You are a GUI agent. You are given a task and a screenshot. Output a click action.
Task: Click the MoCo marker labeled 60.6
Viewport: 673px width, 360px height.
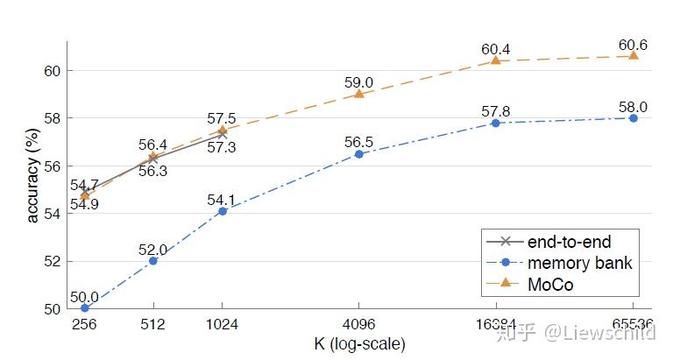[x=633, y=55]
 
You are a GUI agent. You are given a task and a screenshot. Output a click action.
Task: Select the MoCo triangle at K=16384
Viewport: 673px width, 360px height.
[x=496, y=60]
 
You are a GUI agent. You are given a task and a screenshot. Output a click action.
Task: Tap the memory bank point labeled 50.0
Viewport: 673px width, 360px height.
[x=85, y=307]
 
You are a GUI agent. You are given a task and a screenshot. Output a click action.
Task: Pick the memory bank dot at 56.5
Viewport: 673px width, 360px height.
[x=359, y=154]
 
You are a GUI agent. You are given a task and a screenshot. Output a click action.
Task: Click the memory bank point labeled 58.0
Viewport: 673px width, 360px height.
[x=633, y=117]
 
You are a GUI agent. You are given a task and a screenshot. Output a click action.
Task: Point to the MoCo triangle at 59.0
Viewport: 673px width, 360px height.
[x=359, y=93]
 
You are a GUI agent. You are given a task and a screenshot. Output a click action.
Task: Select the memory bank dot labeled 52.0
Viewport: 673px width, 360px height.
[x=153, y=260]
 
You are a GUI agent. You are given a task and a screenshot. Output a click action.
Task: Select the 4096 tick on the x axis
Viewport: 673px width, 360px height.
[x=359, y=324]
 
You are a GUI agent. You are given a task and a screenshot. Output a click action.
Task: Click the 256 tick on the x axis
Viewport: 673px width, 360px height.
[x=85, y=324]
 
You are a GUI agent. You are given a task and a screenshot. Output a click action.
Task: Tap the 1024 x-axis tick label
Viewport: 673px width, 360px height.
[x=222, y=324]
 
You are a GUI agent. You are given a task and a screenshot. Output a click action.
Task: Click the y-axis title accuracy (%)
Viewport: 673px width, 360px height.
[x=32, y=175]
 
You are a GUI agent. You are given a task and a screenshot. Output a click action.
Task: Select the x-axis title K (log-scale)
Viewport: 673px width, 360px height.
[x=358, y=343]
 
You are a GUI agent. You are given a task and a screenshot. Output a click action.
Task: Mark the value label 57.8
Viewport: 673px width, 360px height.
[x=496, y=111]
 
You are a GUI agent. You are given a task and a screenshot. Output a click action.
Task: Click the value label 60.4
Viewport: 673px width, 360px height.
[x=496, y=48]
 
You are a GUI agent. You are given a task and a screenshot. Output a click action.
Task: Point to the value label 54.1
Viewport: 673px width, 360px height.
[x=222, y=199]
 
